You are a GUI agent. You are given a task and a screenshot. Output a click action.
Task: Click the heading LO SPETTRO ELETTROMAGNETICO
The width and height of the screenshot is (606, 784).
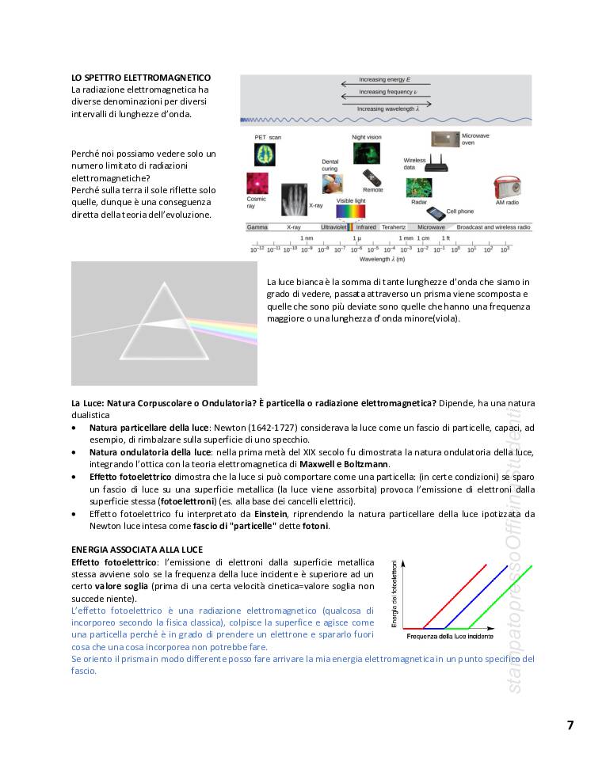[140, 78]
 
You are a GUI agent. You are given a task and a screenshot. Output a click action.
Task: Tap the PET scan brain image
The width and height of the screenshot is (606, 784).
[264, 154]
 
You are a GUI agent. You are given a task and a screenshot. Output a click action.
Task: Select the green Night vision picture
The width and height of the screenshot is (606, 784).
[366, 153]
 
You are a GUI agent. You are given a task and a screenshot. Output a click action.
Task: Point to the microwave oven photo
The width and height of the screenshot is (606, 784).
[445, 139]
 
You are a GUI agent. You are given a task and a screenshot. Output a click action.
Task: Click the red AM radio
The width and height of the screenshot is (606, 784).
[506, 188]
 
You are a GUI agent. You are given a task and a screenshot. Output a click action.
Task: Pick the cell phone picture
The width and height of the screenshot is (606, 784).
[436, 213]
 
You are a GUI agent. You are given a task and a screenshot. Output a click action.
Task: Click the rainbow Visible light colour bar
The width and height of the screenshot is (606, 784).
[351, 212]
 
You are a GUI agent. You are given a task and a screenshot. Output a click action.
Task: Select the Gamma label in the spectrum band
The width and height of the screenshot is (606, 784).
[257, 227]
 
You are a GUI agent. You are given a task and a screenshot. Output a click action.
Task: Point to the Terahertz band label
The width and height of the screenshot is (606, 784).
[394, 227]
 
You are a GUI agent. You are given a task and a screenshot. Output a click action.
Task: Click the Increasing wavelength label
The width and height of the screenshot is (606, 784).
[387, 108]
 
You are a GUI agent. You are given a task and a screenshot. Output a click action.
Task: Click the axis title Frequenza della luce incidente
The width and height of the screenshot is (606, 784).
[450, 637]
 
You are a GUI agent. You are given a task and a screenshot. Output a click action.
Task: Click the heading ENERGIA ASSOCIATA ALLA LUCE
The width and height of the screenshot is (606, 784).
[136, 550]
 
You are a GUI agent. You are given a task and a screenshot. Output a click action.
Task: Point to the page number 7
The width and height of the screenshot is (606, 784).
[570, 725]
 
